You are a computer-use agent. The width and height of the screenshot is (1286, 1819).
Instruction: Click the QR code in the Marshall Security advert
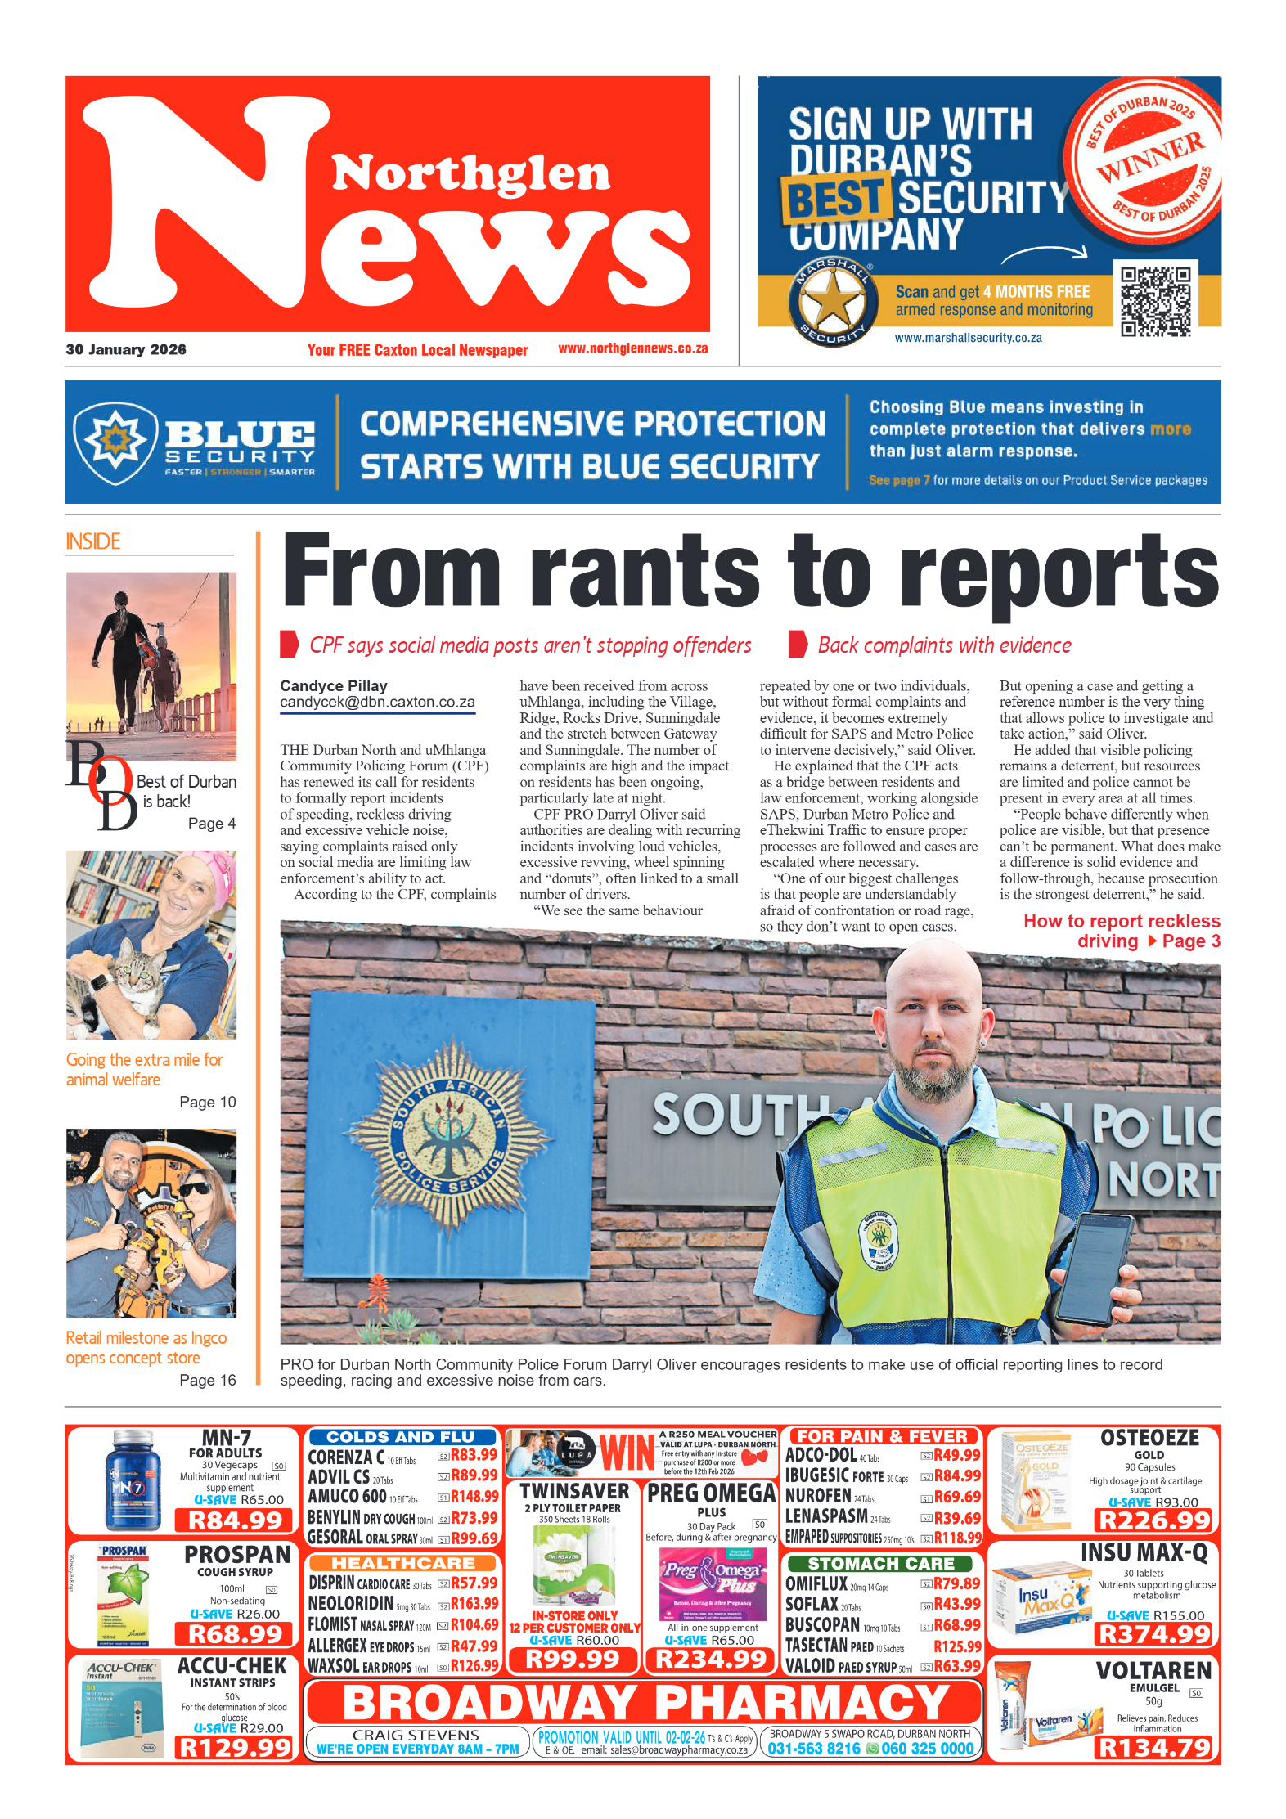click(x=1155, y=301)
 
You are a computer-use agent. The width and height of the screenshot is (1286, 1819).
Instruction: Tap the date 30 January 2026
click(x=126, y=349)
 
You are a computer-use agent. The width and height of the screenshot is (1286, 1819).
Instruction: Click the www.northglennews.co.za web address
click(x=632, y=348)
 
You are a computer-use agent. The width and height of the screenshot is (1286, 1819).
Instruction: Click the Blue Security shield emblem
click(x=115, y=441)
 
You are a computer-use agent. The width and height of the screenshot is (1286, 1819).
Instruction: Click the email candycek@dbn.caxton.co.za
click(x=377, y=703)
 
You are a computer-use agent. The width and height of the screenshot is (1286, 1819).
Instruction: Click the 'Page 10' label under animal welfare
click(x=207, y=1102)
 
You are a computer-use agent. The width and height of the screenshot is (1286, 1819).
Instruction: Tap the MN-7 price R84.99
click(x=236, y=1520)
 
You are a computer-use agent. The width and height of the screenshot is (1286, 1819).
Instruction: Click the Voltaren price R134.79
click(x=1153, y=1748)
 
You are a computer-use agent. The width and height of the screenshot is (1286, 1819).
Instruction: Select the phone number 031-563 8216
click(x=813, y=1749)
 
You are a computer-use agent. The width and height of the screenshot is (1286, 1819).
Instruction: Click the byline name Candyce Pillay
click(x=334, y=685)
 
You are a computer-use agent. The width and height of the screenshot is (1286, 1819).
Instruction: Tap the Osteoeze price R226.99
click(x=1153, y=1520)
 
